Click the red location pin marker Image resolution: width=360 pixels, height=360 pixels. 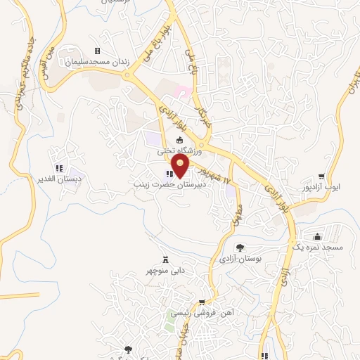(x=181, y=166)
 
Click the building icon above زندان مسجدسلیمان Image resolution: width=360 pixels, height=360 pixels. (x=97, y=51)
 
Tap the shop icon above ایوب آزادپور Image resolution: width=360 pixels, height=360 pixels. (x=321, y=176)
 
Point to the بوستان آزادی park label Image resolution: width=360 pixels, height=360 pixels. (x=240, y=259)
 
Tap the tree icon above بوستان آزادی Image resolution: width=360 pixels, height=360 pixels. (x=240, y=248)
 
